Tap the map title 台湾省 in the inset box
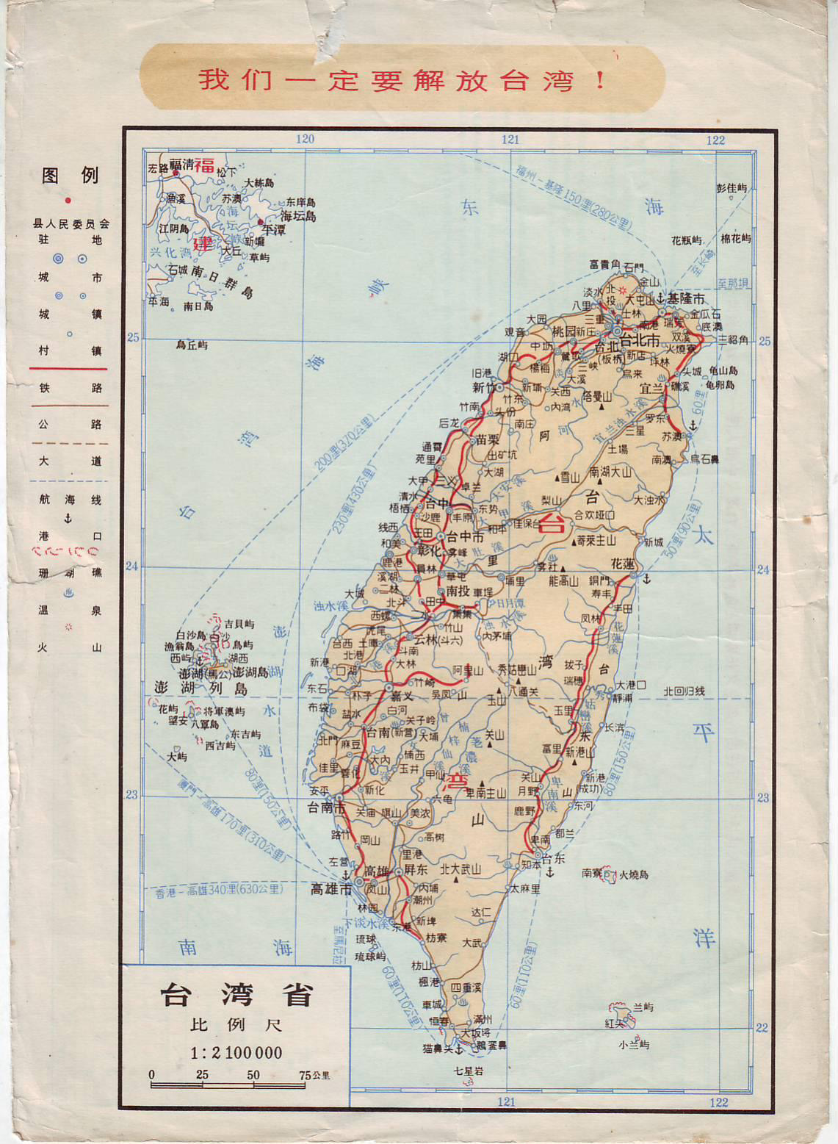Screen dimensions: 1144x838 (x=236, y=995)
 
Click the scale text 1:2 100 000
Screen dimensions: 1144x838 (x=236, y=1053)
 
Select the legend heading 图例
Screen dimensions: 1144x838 (x=70, y=175)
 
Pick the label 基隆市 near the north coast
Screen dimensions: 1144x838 (x=685, y=298)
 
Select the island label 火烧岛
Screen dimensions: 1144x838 (x=634, y=874)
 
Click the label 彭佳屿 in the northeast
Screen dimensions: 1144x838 (x=732, y=188)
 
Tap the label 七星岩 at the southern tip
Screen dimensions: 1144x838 (x=469, y=1071)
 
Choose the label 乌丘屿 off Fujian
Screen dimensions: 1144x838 (x=192, y=345)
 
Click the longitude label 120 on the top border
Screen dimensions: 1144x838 (x=305, y=139)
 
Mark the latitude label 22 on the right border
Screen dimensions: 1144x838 (x=762, y=1027)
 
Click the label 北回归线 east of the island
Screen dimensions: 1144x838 (x=684, y=691)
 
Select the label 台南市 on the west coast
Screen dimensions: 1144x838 (x=325, y=808)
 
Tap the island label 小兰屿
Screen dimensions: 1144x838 (x=633, y=1044)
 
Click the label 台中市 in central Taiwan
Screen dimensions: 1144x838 (x=465, y=536)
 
